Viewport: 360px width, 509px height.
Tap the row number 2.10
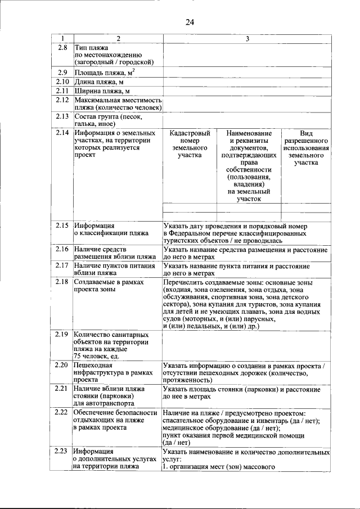[x=62, y=82]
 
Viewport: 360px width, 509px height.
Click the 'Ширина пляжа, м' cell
[x=102, y=91]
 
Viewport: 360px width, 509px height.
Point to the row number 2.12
[x=62, y=100]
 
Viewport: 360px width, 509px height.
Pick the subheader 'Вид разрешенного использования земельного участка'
[x=305, y=147]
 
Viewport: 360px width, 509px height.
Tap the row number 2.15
[x=62, y=225]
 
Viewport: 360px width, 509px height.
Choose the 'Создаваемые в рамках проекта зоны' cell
[x=109, y=285]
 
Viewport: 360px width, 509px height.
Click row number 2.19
[x=62, y=334]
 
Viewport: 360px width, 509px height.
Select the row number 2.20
[x=62, y=366]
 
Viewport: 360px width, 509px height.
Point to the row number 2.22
[x=62, y=413]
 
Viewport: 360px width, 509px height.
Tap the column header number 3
[x=246, y=38]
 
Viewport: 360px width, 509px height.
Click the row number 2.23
[x=62, y=451]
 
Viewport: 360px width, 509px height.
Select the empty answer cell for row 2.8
[x=246, y=55]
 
